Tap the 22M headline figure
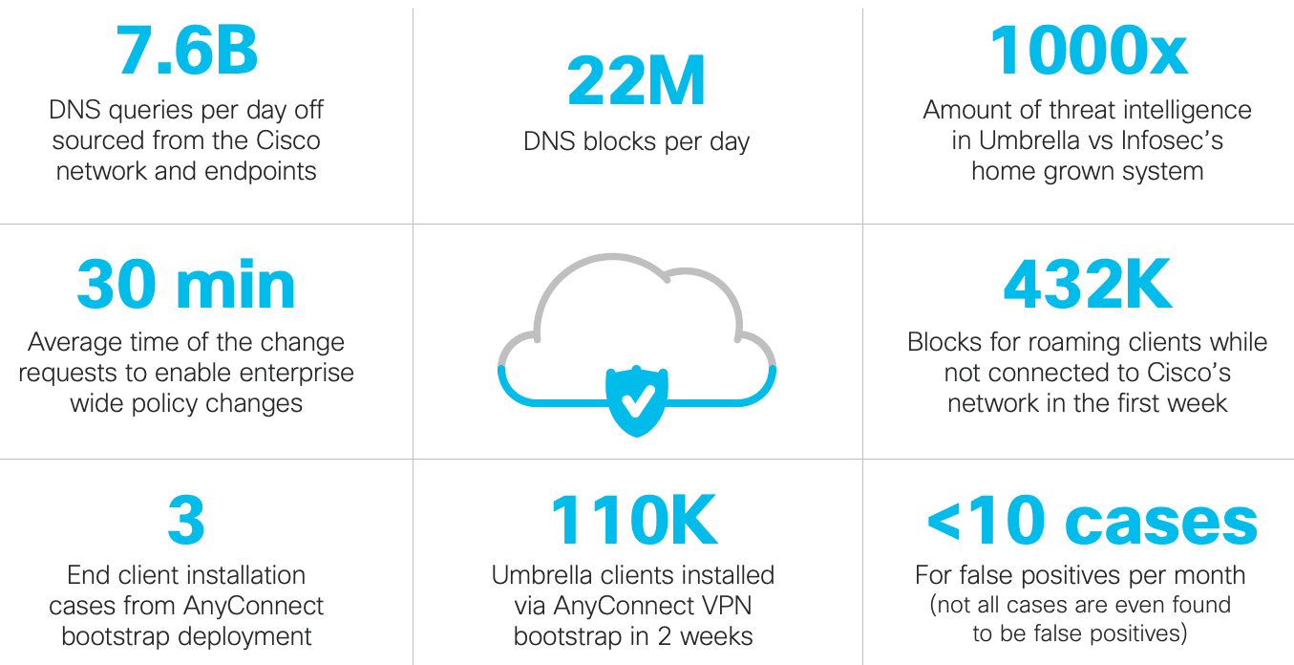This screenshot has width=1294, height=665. (636, 82)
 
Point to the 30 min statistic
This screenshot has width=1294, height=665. (186, 285)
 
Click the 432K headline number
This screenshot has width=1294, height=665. (1088, 285)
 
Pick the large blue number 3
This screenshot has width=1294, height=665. (186, 521)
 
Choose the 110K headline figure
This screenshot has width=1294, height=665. (633, 521)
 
